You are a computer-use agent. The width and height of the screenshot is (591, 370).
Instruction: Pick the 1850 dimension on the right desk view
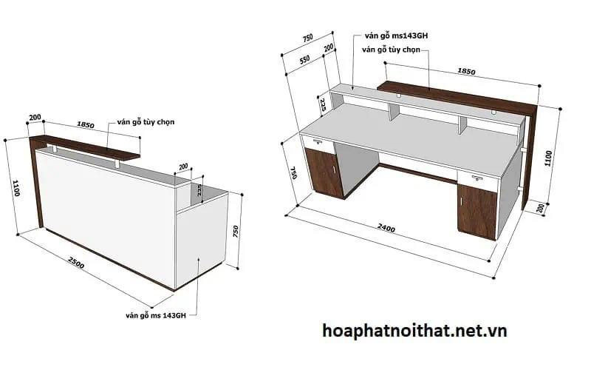tap(466, 72)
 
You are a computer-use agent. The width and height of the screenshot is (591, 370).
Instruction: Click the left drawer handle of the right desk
tap(319, 141)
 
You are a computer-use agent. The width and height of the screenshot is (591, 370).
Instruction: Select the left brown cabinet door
tap(324, 171)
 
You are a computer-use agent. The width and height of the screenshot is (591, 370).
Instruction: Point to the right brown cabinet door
tap(476, 209)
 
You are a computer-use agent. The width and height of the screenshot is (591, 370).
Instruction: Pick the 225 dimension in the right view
tap(322, 103)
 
